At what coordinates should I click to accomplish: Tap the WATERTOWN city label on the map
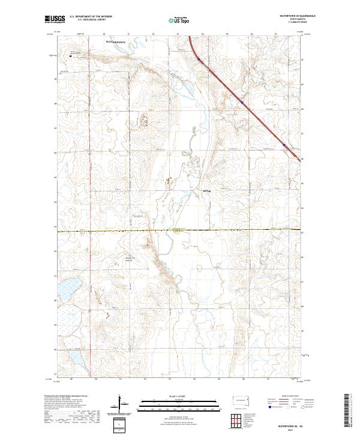point(118,43)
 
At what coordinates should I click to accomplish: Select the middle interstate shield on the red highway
point(242,103)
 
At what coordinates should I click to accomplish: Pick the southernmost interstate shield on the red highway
point(284,144)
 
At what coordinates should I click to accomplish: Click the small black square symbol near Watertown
point(70,57)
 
